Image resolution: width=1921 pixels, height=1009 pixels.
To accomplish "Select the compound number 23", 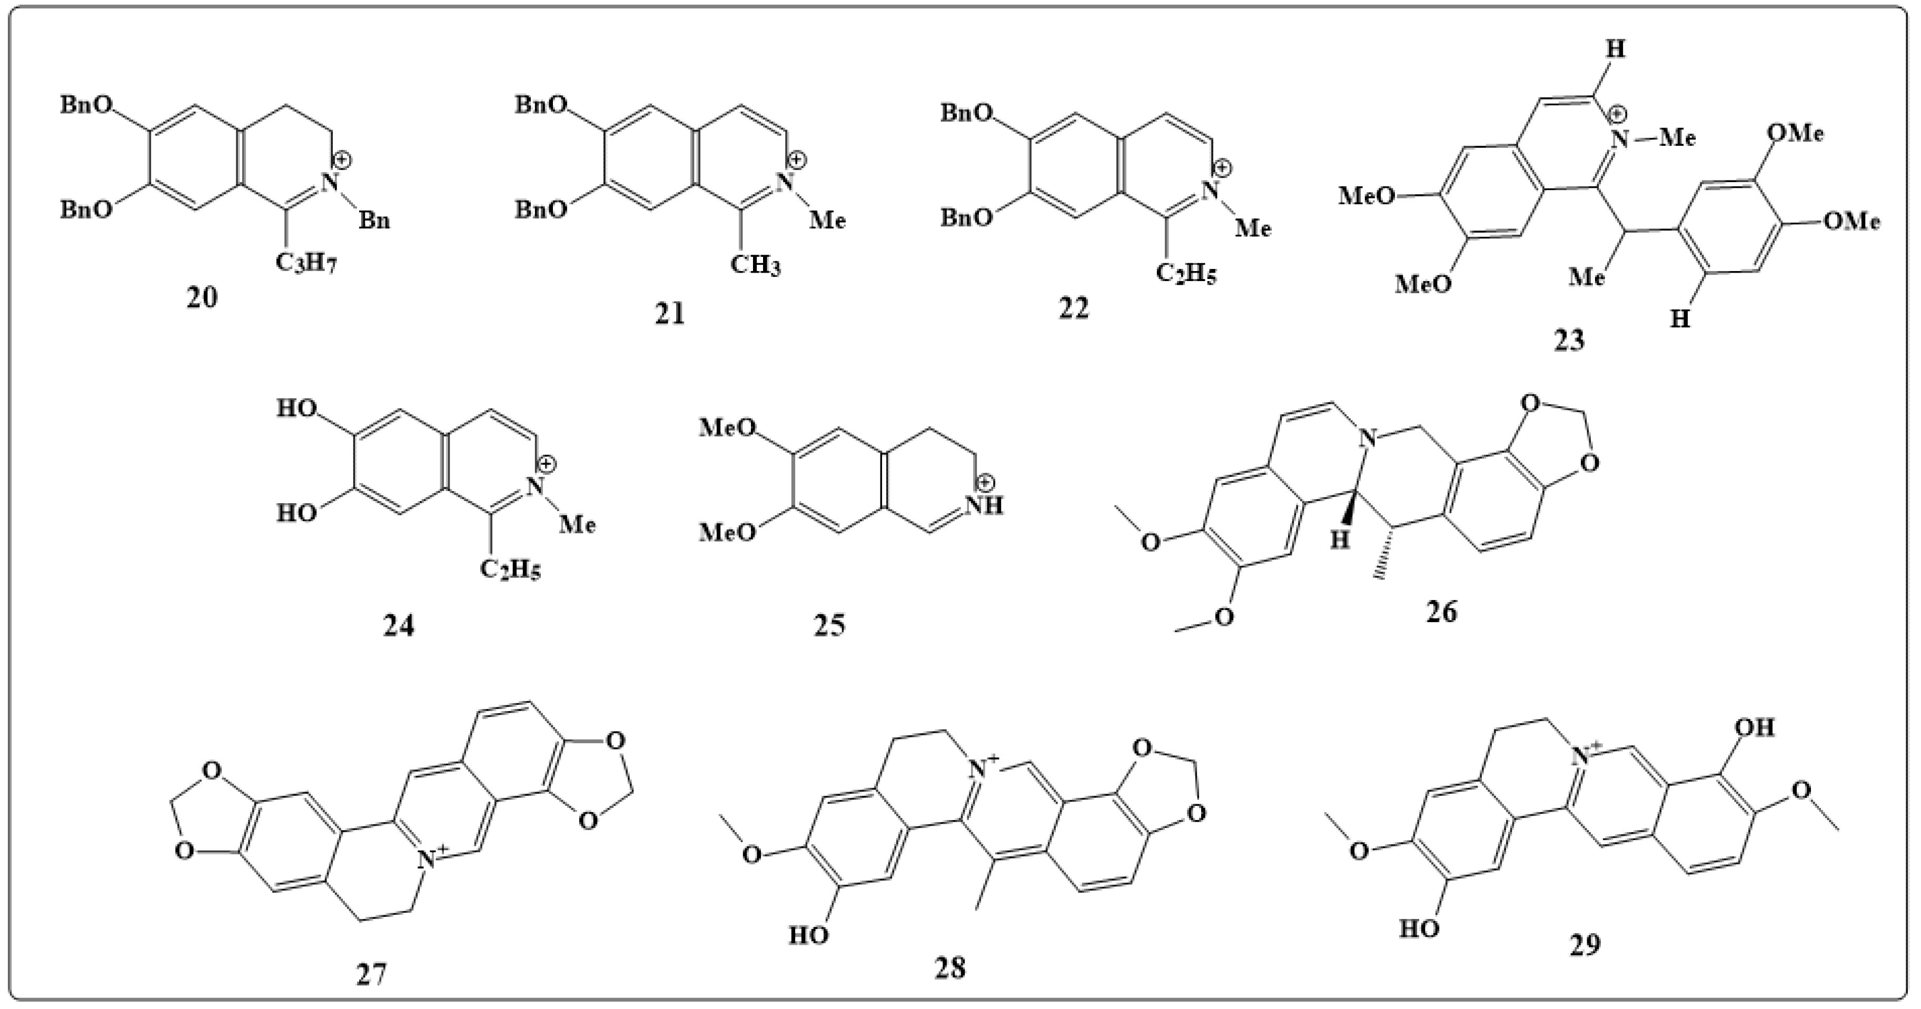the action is [x=1569, y=340].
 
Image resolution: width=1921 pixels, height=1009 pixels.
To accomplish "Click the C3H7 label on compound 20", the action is [x=306, y=262].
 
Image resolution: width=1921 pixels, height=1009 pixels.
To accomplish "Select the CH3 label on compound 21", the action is [x=755, y=265].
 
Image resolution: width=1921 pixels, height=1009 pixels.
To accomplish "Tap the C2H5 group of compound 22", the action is [x=1186, y=274].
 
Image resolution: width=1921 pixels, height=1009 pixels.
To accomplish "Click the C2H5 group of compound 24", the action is [x=510, y=570].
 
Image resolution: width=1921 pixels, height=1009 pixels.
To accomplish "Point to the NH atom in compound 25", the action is [x=984, y=505].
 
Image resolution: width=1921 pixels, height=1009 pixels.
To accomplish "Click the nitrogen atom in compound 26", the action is [x=1367, y=438].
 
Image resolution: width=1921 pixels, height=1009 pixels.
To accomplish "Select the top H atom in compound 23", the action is [x=1615, y=49].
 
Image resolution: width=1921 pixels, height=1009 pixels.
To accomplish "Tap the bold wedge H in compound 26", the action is [x=1340, y=539].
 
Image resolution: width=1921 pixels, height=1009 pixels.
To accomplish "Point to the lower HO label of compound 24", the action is [x=297, y=513].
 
